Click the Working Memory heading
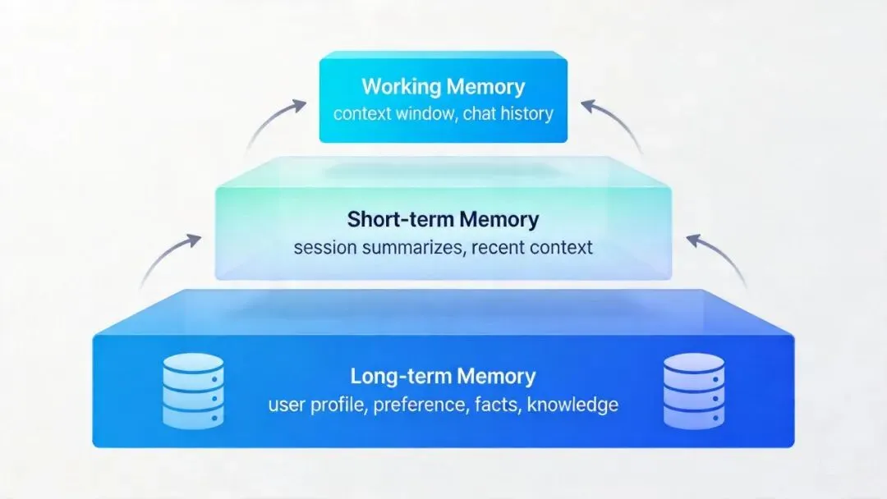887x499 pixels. click(x=443, y=86)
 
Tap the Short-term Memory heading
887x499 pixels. click(x=443, y=220)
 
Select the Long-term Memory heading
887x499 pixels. click(x=443, y=377)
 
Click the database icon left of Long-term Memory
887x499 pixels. click(x=193, y=391)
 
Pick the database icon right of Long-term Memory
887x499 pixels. click(x=694, y=391)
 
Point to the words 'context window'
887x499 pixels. click(x=393, y=113)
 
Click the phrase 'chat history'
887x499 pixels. click(x=508, y=113)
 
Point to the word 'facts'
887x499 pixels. click(x=496, y=405)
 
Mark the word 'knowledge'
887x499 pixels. click(x=572, y=405)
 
